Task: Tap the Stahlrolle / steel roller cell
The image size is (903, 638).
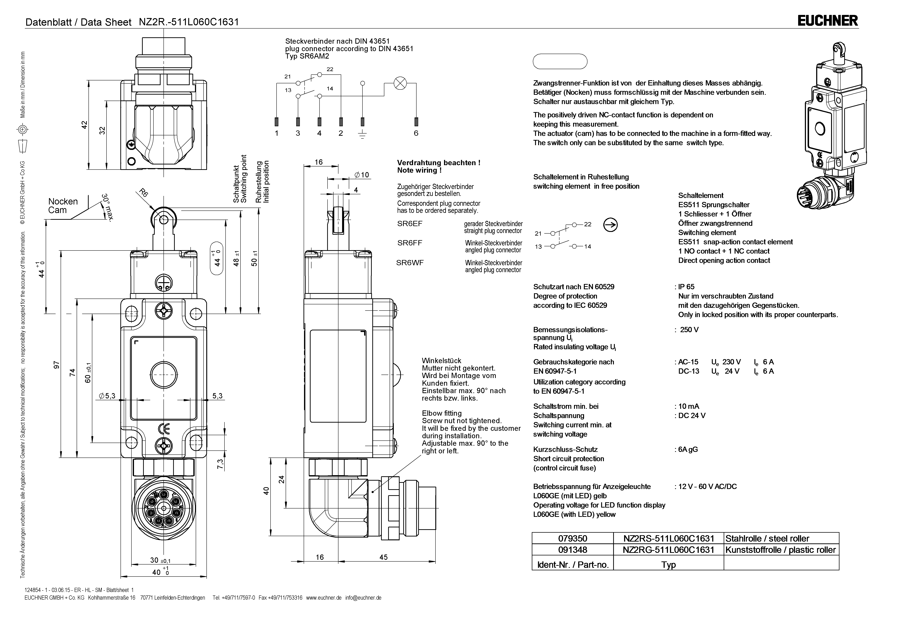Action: point(767,538)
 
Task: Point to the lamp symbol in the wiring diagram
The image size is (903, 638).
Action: point(400,83)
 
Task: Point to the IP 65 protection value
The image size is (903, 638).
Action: point(686,287)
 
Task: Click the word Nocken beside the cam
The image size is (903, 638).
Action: point(63,201)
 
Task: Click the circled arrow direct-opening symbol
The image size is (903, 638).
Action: point(610,225)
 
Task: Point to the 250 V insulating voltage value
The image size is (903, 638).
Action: point(689,329)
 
